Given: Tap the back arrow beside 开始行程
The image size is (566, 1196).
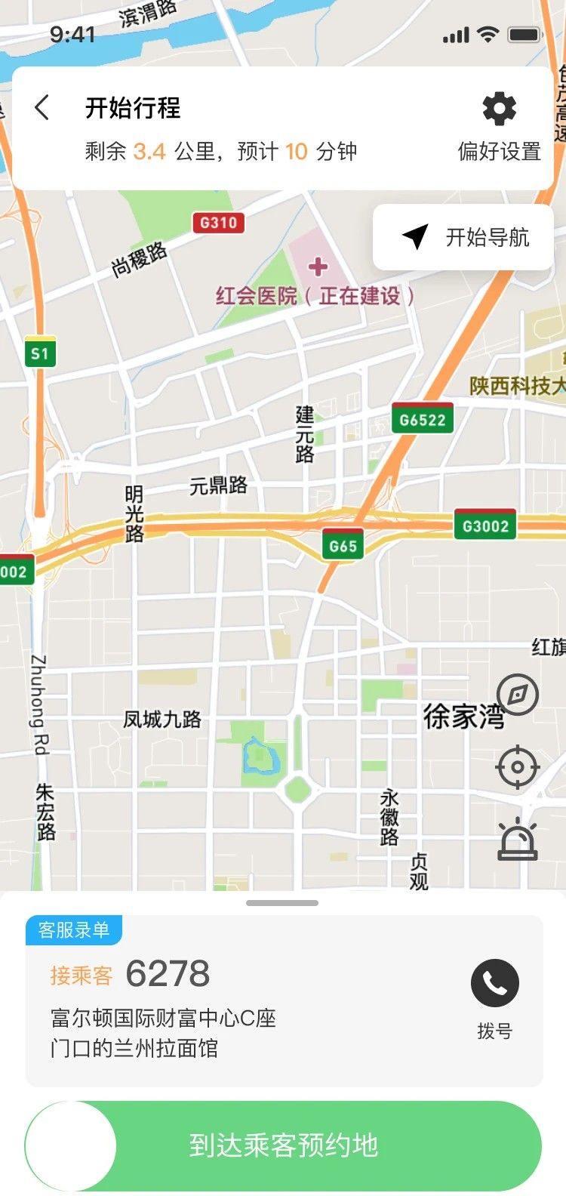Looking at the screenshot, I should (x=42, y=108).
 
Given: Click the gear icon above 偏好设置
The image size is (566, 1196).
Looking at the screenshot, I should (x=499, y=109).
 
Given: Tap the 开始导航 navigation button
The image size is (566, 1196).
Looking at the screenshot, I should (x=464, y=237).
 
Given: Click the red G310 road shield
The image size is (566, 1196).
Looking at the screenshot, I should (x=218, y=223).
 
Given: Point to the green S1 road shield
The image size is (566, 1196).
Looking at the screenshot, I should (x=40, y=353).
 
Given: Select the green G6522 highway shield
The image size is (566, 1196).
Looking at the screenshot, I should (x=423, y=420).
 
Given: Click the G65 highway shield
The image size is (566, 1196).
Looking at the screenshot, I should (x=343, y=546).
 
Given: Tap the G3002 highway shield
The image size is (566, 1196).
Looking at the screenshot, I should (x=485, y=526).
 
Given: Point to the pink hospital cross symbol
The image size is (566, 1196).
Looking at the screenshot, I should (x=318, y=267).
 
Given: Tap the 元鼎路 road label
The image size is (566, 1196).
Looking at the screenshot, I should (x=218, y=485).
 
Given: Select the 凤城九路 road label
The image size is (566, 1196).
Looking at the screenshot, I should (x=162, y=720).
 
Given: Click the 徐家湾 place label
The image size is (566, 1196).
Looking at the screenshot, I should (x=463, y=716).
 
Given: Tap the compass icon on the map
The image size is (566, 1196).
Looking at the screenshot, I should (x=518, y=695).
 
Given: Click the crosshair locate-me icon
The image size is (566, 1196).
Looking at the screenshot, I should (x=518, y=767).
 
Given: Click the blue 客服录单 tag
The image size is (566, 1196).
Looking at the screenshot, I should (x=74, y=930).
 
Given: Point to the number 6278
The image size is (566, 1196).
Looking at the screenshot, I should (x=168, y=974).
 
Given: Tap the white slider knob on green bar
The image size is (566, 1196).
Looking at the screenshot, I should (x=71, y=1146).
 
